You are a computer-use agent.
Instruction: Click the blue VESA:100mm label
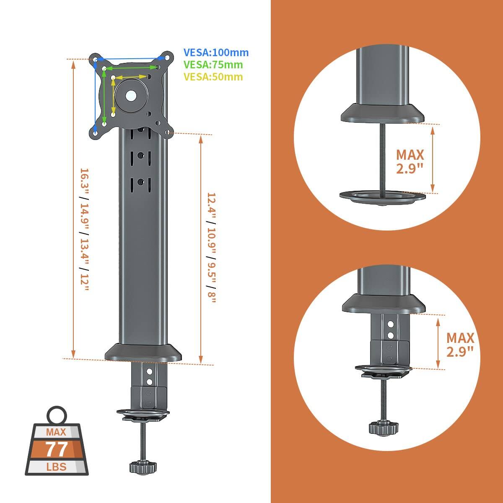click(216, 53)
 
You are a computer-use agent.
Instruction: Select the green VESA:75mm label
click(213, 65)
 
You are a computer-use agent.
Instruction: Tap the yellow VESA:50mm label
click(213, 77)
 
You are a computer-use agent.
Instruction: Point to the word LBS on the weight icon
click(56, 467)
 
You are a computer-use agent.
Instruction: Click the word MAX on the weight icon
click(56, 432)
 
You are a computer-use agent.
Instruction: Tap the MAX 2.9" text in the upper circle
click(410, 162)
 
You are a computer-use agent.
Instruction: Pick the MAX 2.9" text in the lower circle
click(460, 344)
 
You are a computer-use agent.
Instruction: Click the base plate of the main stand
click(143, 353)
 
